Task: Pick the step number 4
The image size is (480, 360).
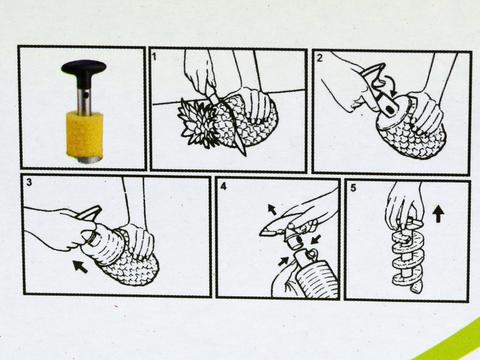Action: coord(224,187)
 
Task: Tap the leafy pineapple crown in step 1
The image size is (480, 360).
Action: coord(197,124)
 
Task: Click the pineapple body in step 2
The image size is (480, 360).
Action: coord(416,135)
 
